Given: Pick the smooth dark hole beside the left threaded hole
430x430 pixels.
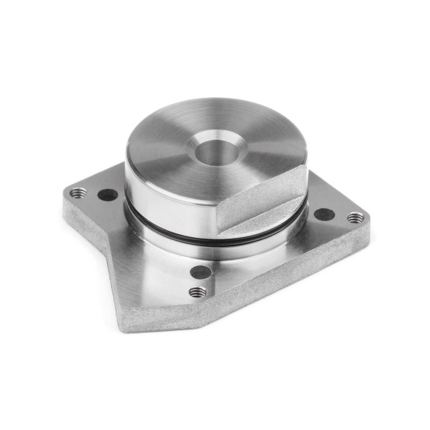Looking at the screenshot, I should [107, 195].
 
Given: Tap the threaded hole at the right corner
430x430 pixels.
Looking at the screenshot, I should [355, 218].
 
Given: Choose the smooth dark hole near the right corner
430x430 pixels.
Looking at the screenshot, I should [324, 214].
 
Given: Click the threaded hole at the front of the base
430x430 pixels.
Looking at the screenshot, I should [198, 292].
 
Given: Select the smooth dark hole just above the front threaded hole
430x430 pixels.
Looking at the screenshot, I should [200, 272].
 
